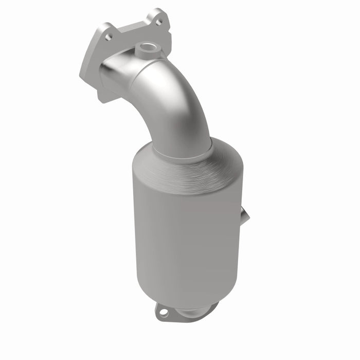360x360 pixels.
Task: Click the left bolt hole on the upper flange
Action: [108, 37]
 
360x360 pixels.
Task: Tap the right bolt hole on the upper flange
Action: [158, 22]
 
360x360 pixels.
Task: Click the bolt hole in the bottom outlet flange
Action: [162, 311]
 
